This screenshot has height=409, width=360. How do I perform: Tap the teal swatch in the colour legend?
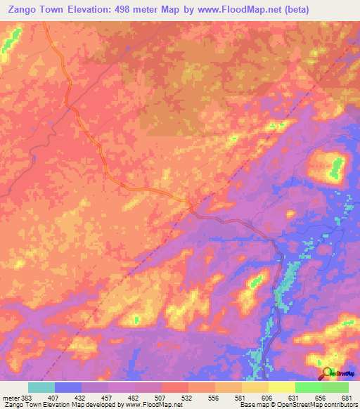tap(41, 387)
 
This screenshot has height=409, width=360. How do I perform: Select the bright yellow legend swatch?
tap(281, 387)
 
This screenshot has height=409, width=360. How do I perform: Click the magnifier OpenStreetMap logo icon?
tap(326, 373)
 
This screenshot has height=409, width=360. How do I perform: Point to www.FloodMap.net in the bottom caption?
tap(150, 405)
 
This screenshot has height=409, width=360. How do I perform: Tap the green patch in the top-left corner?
tap(8, 43)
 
